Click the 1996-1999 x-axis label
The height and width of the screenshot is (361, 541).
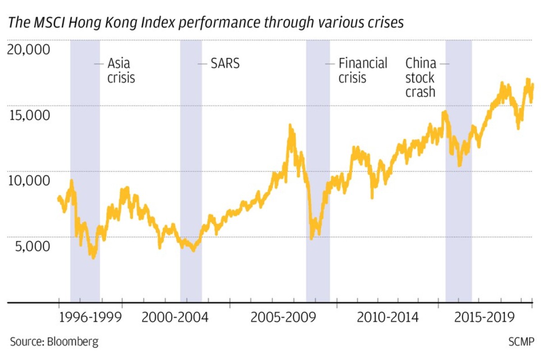click(91, 318)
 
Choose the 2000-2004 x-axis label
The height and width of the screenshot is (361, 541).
click(175, 318)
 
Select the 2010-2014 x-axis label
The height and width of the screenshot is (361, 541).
click(388, 318)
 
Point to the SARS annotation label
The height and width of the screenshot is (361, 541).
click(225, 64)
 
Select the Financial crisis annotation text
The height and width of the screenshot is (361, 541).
click(362, 70)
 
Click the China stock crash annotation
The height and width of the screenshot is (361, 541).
click(420, 77)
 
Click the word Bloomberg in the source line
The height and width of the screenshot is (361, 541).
click(72, 342)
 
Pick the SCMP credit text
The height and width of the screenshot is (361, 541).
click(520, 342)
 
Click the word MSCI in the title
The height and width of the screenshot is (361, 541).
click(45, 23)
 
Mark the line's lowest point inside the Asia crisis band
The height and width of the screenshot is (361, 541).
click(93, 258)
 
